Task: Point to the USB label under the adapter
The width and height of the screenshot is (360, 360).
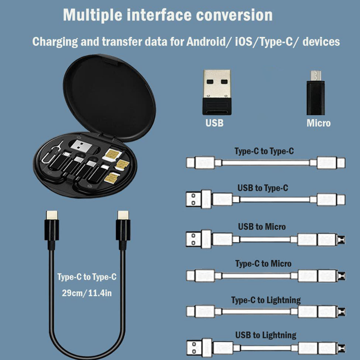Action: tap(214, 123)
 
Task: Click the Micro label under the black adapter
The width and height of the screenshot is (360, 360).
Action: tap(319, 123)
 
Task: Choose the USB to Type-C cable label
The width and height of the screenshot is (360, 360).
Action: tap(263, 188)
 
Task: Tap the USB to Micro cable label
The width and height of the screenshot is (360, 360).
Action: tap(262, 227)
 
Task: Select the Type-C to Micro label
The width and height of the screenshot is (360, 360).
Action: tap(263, 264)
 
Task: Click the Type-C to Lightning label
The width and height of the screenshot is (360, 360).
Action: tap(266, 300)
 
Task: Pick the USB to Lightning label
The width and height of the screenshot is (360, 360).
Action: tap(266, 335)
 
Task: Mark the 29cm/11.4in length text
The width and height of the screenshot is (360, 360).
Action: tap(87, 293)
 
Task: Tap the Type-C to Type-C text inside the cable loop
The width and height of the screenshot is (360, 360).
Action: tap(87, 277)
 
